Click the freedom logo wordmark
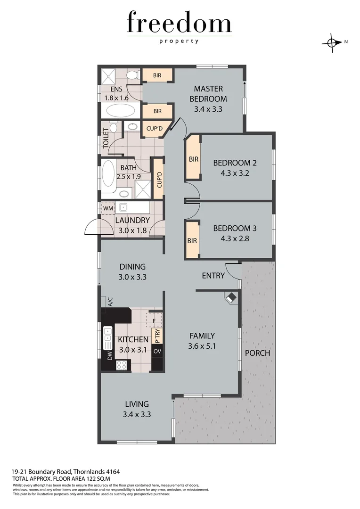coord(179,24)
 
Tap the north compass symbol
coord(332,42)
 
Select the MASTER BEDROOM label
coord(208,94)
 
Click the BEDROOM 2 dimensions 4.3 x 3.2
coord(235,172)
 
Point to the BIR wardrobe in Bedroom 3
coord(192,240)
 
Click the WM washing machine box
coord(107,208)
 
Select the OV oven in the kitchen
coord(157,352)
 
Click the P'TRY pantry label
coord(157,336)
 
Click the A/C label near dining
coord(110,302)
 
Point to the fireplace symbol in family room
coord(231,298)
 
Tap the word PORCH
coord(257,353)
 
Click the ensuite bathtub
coord(120,111)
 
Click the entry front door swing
coord(232,271)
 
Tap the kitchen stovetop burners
coord(122,364)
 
